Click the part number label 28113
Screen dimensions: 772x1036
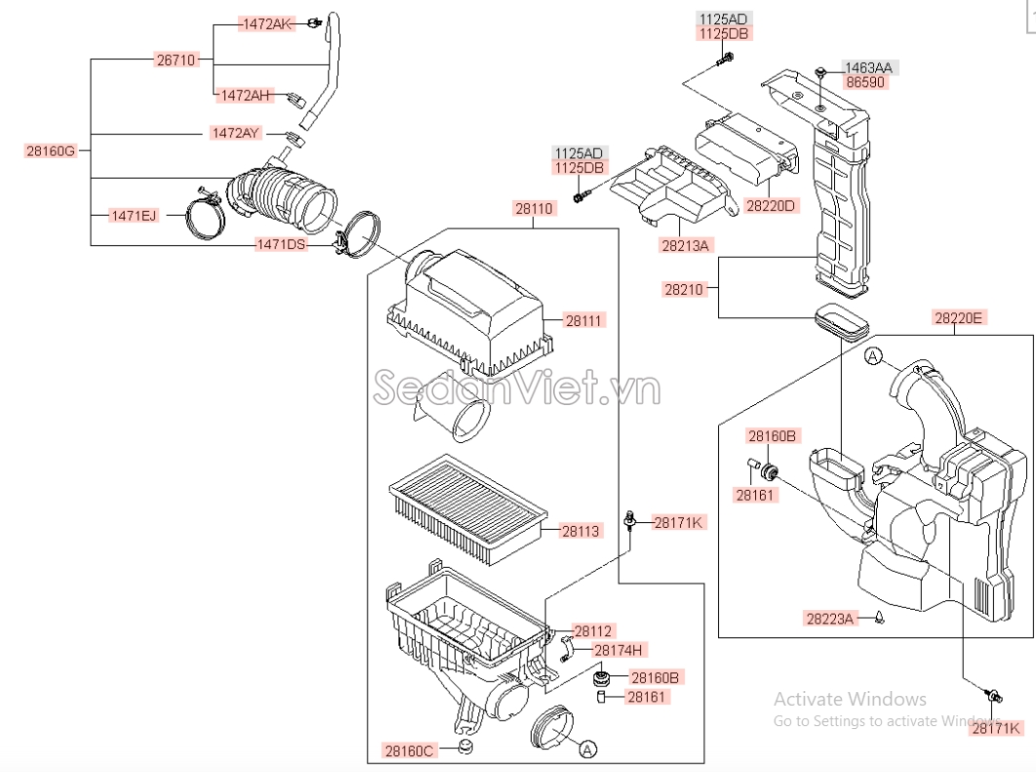(580, 531)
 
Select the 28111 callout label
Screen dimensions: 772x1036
(584, 320)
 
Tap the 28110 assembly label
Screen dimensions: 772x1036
(534, 208)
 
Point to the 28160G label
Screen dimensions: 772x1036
(50, 150)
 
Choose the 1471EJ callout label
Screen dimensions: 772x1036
(133, 215)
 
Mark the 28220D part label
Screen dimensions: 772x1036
(771, 206)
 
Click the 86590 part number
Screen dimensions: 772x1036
(865, 82)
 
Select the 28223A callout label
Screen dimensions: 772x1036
(830, 618)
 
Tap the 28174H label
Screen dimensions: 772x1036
(618, 649)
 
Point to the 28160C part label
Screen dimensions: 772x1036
(409, 751)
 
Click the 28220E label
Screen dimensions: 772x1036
(959, 317)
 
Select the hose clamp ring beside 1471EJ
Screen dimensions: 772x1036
(206, 218)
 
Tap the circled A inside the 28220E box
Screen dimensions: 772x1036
(873, 357)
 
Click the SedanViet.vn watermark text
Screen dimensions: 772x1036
(517, 389)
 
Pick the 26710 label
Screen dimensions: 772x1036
(177, 60)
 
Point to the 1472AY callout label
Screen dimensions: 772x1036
(236, 133)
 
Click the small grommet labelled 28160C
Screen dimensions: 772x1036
(466, 748)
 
